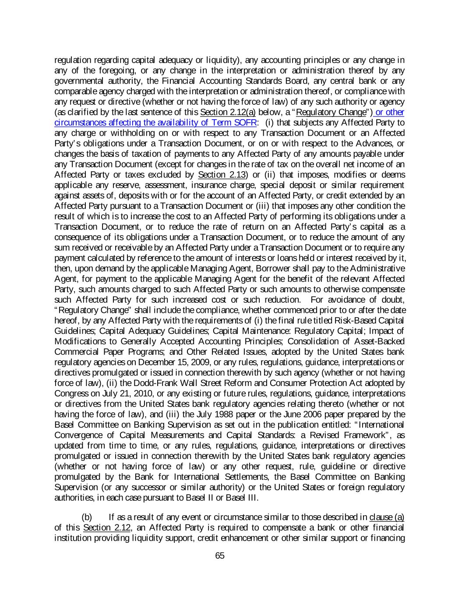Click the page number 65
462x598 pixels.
pyautogui.click(x=220, y=556)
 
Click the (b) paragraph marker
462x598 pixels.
pyautogui.click(x=87, y=517)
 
